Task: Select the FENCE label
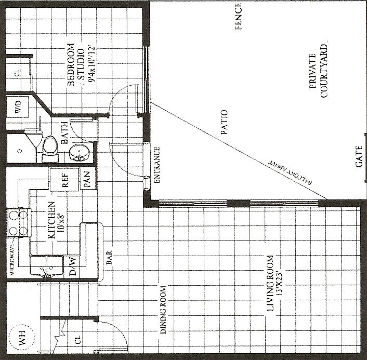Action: tap(239, 16)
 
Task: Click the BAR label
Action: tap(109, 259)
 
